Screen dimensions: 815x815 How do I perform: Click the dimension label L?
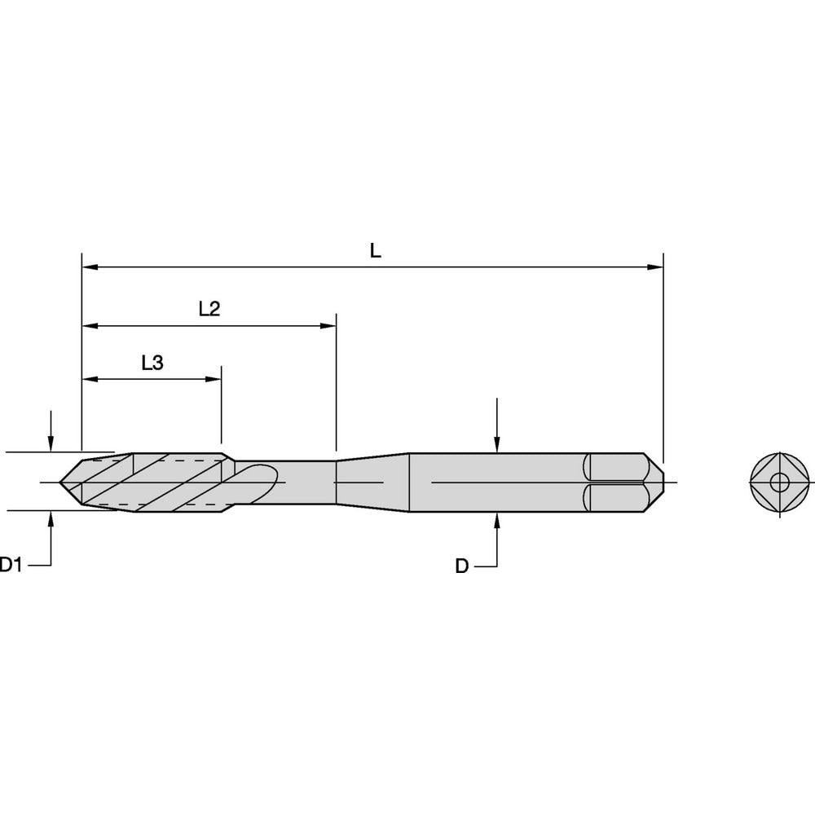coord(375,251)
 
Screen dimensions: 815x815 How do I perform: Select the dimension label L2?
coord(209,310)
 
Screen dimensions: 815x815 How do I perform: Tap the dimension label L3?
coord(152,363)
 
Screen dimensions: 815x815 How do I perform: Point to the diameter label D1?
coord(10,564)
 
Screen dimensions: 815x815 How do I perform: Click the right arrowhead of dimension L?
coord(655,267)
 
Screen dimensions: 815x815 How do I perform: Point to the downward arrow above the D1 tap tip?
coord(51,442)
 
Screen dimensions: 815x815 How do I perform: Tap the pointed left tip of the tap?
coord(63,482)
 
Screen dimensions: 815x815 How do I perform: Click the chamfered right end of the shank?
coord(657,482)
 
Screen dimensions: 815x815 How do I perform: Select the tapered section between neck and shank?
coord(372,482)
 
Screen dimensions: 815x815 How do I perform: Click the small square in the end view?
coord(781,482)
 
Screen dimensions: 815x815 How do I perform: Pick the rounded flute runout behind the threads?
coord(259,482)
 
